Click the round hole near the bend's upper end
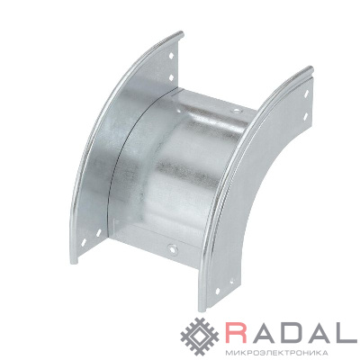[238, 112]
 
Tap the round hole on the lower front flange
[172, 248]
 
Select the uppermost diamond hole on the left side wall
[171, 56]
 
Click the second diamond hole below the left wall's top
[171, 77]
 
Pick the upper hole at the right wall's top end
[306, 94]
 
